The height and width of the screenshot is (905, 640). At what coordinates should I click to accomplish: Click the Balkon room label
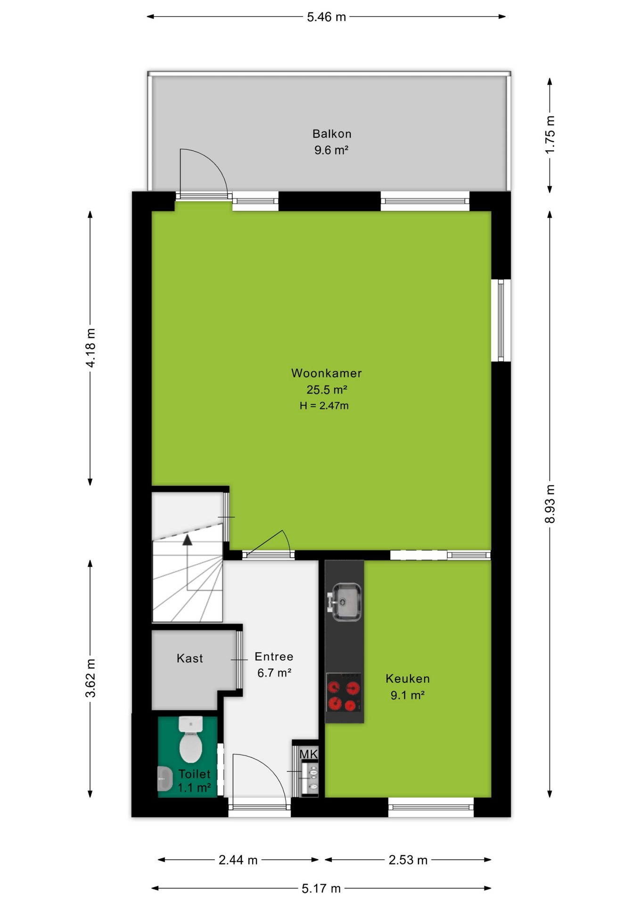click(x=332, y=134)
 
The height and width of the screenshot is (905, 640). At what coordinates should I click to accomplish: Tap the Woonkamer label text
click(x=327, y=373)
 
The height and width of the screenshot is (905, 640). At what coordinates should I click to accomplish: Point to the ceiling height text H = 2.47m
click(x=324, y=405)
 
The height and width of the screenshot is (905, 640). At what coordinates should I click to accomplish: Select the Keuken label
click(x=408, y=679)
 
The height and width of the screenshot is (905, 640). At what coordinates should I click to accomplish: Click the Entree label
click(x=274, y=657)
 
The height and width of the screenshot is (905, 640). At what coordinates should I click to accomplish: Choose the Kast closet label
click(x=190, y=658)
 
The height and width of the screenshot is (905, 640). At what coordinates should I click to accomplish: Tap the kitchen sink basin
click(x=346, y=602)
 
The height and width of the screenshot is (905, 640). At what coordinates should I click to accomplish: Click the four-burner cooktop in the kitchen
click(x=344, y=692)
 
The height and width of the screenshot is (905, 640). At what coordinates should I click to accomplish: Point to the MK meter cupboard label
click(x=309, y=754)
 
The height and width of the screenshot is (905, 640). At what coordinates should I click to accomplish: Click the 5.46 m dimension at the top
click(x=327, y=17)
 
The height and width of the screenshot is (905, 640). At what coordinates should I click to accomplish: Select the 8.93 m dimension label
click(x=550, y=503)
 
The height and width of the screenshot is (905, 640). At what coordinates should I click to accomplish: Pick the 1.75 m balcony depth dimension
click(x=550, y=134)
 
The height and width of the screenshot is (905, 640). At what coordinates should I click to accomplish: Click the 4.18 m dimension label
click(x=90, y=348)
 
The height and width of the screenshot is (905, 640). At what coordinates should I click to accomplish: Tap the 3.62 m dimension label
click(x=90, y=678)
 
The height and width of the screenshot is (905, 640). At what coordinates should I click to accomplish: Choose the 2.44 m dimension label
click(x=238, y=860)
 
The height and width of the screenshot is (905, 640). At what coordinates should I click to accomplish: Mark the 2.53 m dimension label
click(x=408, y=860)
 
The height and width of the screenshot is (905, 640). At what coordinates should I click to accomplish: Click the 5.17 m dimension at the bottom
click(x=321, y=889)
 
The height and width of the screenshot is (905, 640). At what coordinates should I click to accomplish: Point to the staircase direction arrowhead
click(x=188, y=540)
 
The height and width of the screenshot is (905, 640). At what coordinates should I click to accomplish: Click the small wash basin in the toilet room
click(x=164, y=779)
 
